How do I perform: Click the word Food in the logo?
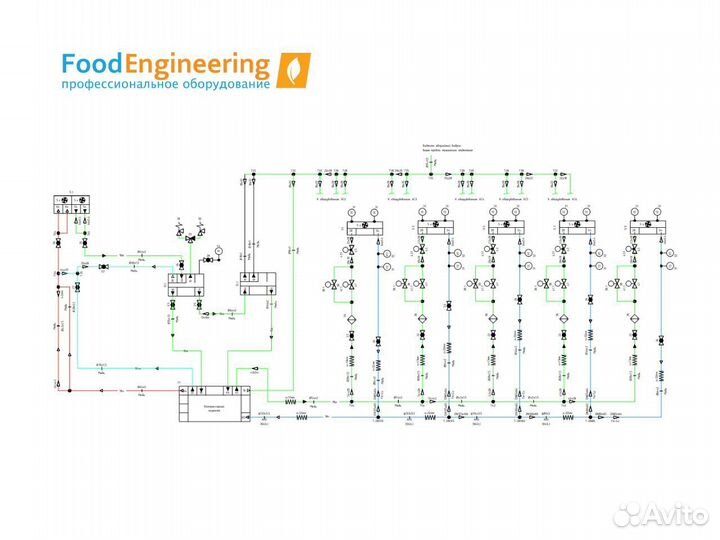pos(91,66)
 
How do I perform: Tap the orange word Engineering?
pos(197,67)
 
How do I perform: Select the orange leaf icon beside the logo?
pos(293,71)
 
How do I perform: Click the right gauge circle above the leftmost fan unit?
pos(379,211)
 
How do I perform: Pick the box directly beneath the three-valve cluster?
pos(185,282)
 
